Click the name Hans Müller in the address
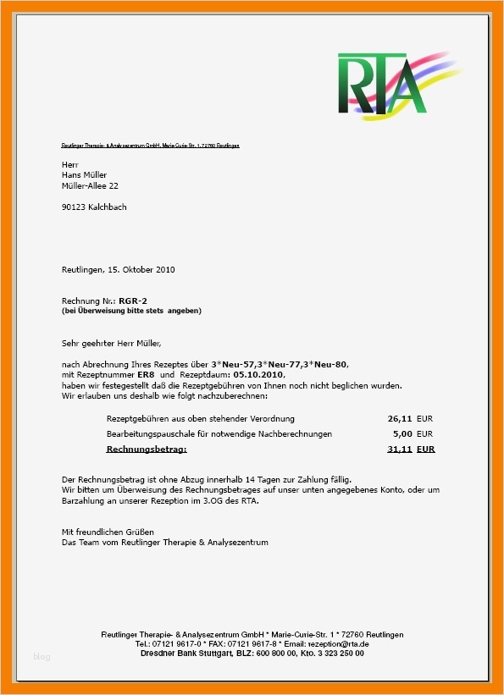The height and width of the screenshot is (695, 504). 85,174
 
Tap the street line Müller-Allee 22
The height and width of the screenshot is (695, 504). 90,185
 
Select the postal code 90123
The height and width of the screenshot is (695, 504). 74,207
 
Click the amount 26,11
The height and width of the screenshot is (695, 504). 400,418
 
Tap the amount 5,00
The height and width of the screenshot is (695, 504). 402,433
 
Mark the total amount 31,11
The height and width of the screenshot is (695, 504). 400,449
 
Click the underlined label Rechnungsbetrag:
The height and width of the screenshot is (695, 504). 147,449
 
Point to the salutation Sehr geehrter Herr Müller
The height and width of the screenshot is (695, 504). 111,343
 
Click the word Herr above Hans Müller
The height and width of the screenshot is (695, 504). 69,163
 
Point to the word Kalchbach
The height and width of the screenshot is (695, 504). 108,207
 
